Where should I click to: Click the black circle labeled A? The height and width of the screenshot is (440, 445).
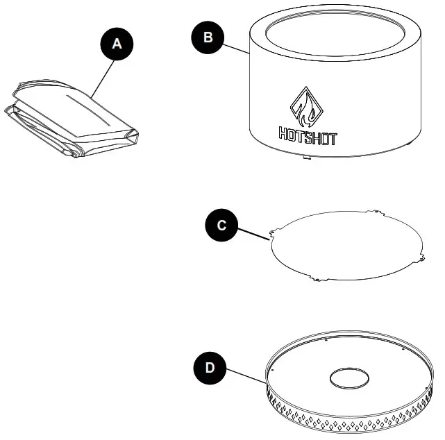117,43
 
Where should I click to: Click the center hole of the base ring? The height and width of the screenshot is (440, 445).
349,378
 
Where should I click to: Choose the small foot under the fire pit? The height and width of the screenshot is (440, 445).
305,158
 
